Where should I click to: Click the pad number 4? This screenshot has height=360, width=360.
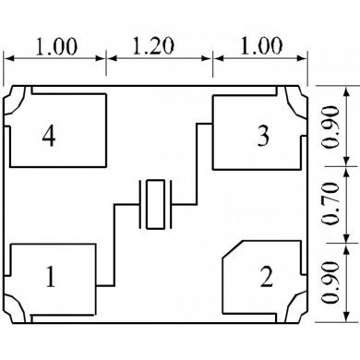point(49,136)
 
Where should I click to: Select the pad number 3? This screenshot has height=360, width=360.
point(263,136)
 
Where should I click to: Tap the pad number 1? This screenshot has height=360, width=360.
point(51,277)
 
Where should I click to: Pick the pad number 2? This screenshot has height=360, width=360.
point(267,277)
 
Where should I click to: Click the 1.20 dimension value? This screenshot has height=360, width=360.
point(153,46)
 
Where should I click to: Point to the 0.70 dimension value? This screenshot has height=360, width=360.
point(331,203)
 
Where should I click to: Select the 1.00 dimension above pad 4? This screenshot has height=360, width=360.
point(56,47)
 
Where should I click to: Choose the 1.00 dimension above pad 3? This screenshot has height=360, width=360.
point(261,46)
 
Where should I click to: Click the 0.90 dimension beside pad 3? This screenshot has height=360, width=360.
point(331,126)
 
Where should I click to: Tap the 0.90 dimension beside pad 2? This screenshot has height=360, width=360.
point(331,282)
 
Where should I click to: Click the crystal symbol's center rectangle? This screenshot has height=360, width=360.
point(155,204)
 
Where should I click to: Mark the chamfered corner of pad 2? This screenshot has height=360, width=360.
point(233,249)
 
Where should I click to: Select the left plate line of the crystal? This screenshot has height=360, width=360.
point(140,204)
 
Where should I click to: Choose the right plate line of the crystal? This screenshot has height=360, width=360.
point(170,204)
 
